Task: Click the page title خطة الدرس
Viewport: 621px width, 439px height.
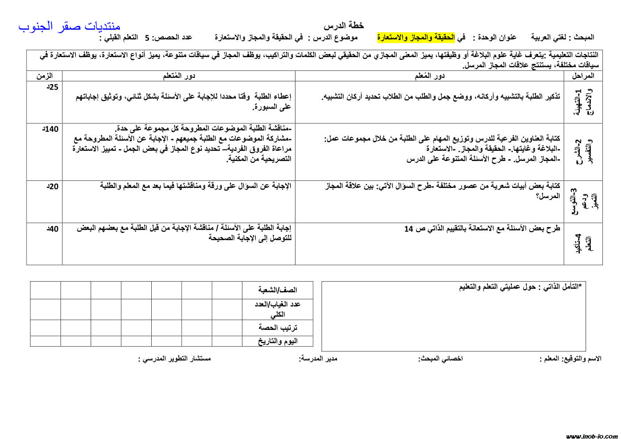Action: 343,26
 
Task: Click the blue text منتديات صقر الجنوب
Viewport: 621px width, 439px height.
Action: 69,27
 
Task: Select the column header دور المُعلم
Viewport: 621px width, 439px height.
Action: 429,76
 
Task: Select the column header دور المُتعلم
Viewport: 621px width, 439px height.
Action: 179,76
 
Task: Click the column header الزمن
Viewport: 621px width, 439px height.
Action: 44,76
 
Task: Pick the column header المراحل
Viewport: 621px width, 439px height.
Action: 583,76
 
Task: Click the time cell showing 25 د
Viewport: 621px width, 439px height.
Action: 52,87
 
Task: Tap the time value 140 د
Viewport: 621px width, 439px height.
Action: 50,129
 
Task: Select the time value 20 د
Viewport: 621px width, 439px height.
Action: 52,187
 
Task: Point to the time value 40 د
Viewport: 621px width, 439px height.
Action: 52,229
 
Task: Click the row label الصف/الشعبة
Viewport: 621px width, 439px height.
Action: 277,290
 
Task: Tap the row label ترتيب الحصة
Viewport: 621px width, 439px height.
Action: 277,328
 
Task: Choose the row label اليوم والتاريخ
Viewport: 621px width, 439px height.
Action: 277,341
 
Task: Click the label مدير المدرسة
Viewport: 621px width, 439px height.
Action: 318,358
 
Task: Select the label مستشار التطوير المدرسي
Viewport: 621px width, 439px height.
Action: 175,358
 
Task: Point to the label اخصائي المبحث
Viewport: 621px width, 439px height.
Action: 441,358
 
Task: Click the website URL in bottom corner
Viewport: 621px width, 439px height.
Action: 591,436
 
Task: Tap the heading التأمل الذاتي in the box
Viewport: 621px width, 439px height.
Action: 520,287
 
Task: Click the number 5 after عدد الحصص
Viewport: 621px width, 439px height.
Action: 147,38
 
